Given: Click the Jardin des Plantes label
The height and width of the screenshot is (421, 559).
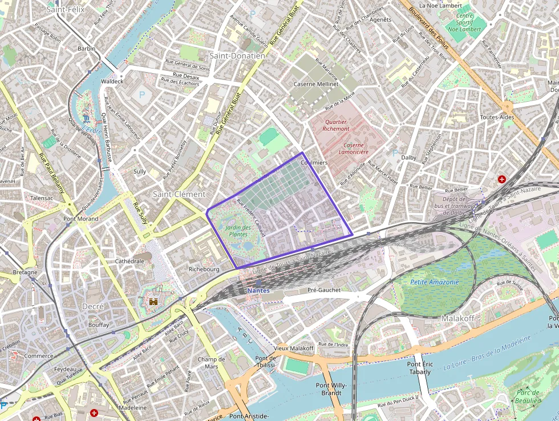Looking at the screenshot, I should (x=238, y=230).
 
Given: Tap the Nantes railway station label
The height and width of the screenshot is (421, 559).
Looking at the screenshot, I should (x=258, y=290).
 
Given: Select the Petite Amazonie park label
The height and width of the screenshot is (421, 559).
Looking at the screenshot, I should (x=434, y=282).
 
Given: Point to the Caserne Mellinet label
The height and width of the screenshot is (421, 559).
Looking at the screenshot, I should (x=315, y=84).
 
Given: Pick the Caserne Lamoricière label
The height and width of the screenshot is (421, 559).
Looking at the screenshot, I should (x=353, y=148).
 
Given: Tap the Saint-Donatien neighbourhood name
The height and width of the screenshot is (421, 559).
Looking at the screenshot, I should (x=237, y=56).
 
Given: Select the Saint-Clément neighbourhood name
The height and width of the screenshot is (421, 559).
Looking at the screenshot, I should (x=179, y=194).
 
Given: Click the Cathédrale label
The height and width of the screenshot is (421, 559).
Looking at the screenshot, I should (x=129, y=261).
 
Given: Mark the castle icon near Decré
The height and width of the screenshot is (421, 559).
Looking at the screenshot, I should (x=153, y=301).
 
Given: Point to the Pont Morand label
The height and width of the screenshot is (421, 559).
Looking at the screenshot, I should (x=81, y=219).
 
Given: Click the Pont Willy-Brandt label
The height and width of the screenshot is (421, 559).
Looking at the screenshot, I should (x=331, y=389).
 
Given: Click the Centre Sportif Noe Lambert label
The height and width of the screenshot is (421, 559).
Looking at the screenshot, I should (x=465, y=23).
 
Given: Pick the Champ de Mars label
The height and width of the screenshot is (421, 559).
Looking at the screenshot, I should (x=211, y=363).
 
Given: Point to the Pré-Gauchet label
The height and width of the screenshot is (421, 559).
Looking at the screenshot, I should (x=323, y=290).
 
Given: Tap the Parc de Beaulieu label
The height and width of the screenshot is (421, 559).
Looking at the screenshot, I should (x=528, y=396).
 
